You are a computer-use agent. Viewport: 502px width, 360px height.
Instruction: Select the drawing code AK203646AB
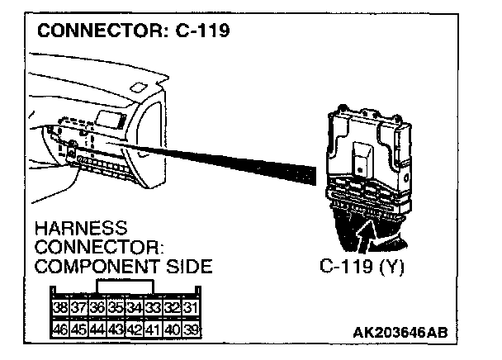coord(400,331)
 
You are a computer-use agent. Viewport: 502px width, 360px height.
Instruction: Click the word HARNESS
coord(82,227)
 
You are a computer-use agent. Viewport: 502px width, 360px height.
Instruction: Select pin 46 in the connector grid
coord(60,329)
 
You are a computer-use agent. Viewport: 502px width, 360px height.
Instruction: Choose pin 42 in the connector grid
coord(135,329)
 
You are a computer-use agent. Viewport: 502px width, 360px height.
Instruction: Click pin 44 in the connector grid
coord(97,329)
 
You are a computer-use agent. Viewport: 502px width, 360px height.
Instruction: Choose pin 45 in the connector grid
coord(79,329)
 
